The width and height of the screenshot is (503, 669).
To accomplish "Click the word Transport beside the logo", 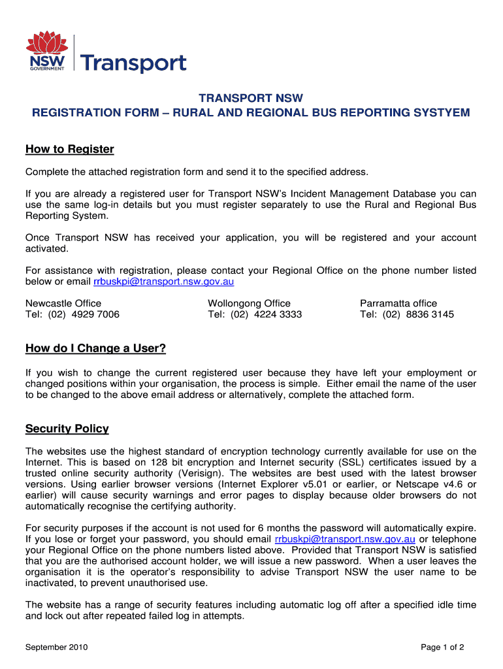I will point(133,63).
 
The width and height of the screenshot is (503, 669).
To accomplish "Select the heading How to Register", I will point(69,150).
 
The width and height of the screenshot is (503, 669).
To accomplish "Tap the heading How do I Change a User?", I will point(95,348).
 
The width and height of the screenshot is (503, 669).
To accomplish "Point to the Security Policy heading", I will point(67,429).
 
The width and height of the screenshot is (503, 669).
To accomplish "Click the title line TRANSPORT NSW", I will point(251,98).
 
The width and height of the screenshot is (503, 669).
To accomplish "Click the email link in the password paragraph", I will point(345,539).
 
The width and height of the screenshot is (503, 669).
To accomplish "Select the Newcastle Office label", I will point(63,303).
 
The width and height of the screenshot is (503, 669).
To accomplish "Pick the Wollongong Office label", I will point(249,303).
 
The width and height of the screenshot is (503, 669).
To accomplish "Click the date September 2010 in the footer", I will point(56,647).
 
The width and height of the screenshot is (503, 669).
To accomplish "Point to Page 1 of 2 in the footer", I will point(442,647).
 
